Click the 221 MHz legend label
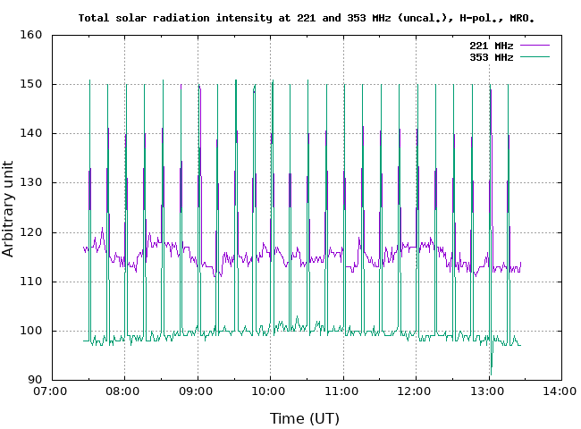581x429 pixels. tap(491, 45)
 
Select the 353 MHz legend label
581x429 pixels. tap(491, 56)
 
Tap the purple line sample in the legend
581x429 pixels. tap(534, 45)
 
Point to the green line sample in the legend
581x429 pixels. tap(534, 56)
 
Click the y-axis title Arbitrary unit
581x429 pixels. tap(9, 207)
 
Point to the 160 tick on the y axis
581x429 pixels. tap(32, 35)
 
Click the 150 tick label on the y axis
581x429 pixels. tap(32, 84)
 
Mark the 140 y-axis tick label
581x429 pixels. tap(32, 133)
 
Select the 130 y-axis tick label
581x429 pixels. tap(32, 182)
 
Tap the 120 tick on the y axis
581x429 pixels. tap(32, 232)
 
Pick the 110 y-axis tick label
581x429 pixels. tap(32, 282)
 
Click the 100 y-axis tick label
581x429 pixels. tap(32, 331)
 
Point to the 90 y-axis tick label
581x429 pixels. tap(36, 380)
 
